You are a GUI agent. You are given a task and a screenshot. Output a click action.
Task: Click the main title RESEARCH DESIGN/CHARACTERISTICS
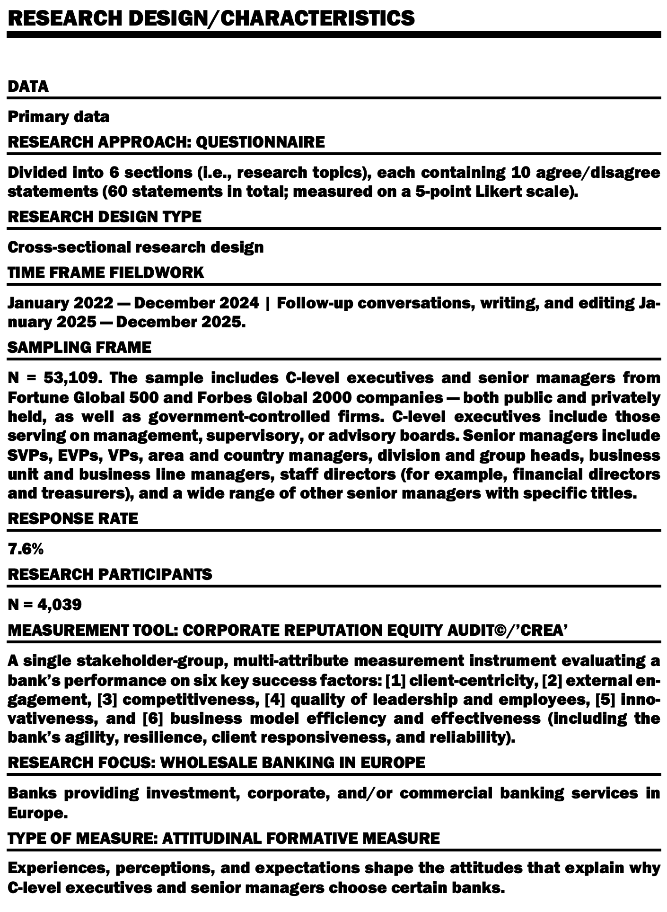click(211, 18)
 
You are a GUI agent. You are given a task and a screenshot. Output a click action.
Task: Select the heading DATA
click(28, 87)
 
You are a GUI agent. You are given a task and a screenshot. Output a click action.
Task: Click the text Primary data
click(59, 117)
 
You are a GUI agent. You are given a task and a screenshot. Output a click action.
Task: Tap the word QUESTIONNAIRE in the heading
click(260, 142)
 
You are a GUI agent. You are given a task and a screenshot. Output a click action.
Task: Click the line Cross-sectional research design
click(136, 247)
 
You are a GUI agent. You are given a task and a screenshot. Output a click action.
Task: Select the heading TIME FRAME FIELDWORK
click(106, 273)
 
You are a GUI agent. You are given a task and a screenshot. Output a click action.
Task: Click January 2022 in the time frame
click(61, 303)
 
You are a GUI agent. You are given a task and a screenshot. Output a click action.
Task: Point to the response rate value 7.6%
click(26, 549)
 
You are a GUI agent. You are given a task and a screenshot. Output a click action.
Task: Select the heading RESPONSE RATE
click(73, 518)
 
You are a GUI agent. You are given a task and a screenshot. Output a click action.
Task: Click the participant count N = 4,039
click(45, 605)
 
